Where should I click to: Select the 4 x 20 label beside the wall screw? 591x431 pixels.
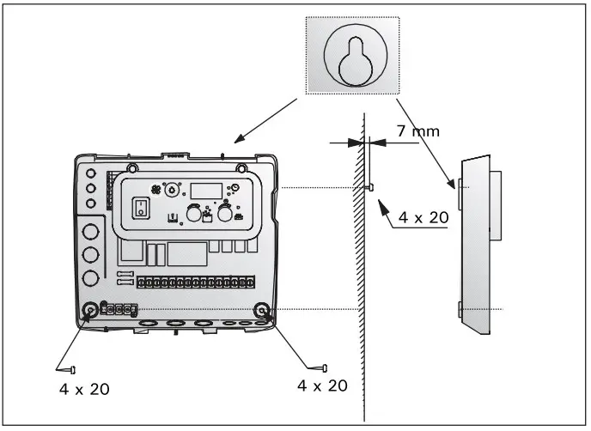pyautogui.click(x=422, y=218)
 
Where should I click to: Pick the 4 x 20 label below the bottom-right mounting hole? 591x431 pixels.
pyautogui.click(x=322, y=385)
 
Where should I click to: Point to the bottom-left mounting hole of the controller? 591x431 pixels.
pyautogui.click(x=90, y=310)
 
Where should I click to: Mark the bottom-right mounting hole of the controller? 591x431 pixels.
pyautogui.click(x=263, y=310)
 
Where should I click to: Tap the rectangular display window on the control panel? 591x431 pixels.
pyautogui.click(x=205, y=191)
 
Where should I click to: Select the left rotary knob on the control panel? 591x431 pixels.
pyautogui.click(x=195, y=212)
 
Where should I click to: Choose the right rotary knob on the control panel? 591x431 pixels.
pyautogui.click(x=227, y=212)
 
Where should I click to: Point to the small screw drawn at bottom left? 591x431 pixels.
pyautogui.click(x=70, y=369)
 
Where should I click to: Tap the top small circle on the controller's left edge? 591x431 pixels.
pyautogui.click(x=90, y=173)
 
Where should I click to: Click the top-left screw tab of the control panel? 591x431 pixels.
pyautogui.click(x=131, y=167)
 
